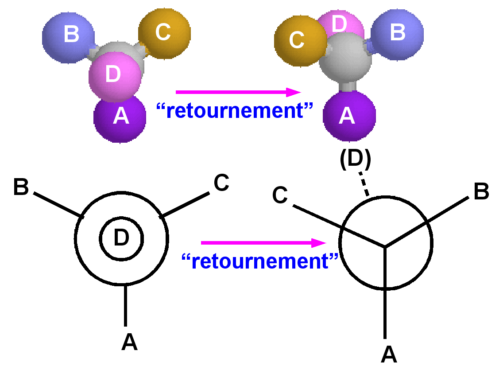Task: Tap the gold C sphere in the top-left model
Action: tap(164, 32)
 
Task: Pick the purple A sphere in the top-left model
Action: tap(120, 117)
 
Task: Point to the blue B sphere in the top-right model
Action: tap(397, 33)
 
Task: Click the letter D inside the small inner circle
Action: tap(121, 238)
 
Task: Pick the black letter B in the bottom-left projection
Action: tap(21, 187)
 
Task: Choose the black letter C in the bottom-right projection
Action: tap(280, 195)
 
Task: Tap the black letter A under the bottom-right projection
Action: tap(389, 354)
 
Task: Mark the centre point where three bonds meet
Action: tap(385, 246)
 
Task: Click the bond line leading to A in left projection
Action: tap(126, 306)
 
